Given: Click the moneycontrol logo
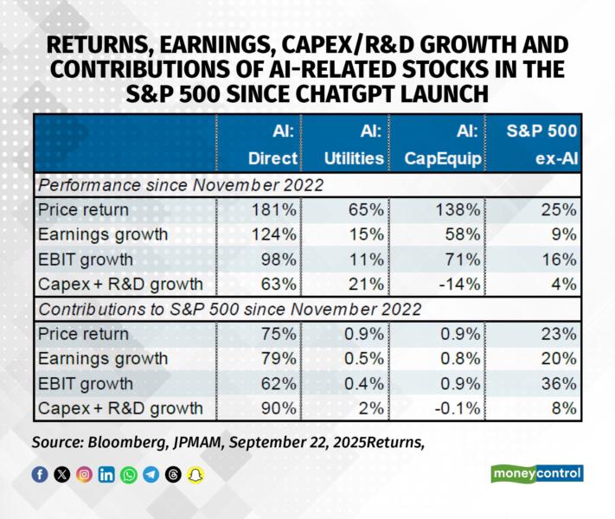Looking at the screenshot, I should click(536, 473).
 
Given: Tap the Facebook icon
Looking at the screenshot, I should click(40, 474).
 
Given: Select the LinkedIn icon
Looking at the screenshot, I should click(106, 474).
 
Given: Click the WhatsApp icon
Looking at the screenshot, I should click(129, 474).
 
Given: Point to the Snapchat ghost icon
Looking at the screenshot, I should click(195, 474).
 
